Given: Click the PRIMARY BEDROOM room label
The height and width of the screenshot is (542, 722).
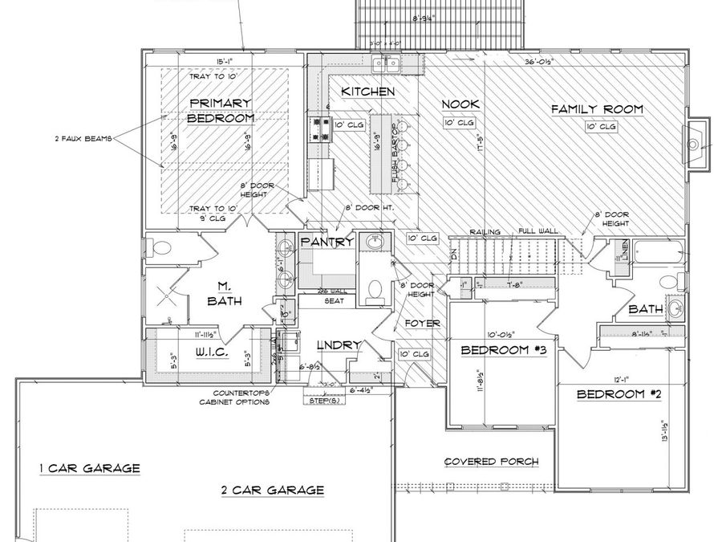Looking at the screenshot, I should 220,110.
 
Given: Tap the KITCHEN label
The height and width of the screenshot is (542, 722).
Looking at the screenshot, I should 368,92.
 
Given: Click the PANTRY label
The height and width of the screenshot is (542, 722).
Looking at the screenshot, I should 327,241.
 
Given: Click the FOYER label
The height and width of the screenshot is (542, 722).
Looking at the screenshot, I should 420,324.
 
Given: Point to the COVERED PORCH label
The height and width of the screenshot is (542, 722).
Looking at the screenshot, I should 491,461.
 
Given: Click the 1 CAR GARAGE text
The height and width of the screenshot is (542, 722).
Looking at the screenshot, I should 90,467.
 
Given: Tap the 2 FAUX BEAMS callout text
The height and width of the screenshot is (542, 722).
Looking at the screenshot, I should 77,138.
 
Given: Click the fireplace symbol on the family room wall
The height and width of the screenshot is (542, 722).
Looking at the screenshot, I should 695,145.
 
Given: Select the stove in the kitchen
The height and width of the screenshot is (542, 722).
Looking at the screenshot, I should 321,129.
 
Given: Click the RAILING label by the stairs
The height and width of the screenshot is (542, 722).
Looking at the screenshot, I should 485,231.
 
